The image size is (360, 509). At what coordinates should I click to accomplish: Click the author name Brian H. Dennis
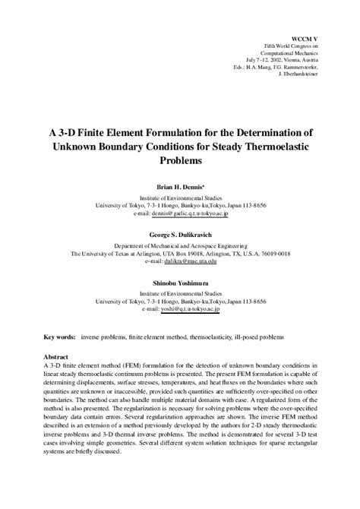[x=179, y=185]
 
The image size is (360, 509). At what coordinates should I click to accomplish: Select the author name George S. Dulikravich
[x=179, y=237]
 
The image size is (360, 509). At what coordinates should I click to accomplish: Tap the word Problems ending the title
[x=180, y=161]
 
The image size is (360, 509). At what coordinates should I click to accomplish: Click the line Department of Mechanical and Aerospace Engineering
[x=180, y=247]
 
